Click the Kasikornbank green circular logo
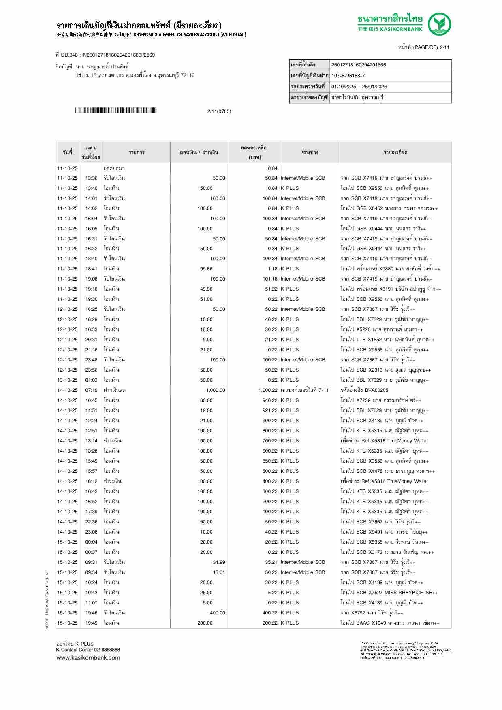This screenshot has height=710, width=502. pos(440,24)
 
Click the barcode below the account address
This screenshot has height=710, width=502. pos(115,111)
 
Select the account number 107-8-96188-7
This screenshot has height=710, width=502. pos(348,76)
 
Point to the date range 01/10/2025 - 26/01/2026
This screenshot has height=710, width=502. pos(359,87)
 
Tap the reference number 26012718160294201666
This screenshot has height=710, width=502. pos(359,65)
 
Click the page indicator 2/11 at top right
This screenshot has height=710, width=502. pos(444,47)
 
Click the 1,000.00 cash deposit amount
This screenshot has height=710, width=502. pos(215,390)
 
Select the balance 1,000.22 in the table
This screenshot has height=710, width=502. pos(267,390)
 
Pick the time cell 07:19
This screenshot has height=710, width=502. pos(91,390)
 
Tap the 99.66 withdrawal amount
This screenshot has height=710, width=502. pos(206,269)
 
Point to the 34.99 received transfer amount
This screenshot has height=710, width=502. pos(219,562)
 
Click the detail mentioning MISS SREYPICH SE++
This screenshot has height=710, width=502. pos(389,593)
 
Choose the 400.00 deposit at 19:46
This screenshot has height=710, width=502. pos(217,613)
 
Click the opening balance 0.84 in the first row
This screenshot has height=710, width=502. pos(272,168)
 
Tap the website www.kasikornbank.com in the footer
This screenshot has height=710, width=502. pos(88,658)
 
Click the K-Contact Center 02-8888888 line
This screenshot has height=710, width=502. pos(88,650)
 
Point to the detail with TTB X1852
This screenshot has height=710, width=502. pos(387,340)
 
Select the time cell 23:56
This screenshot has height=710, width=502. pos(91,370)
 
